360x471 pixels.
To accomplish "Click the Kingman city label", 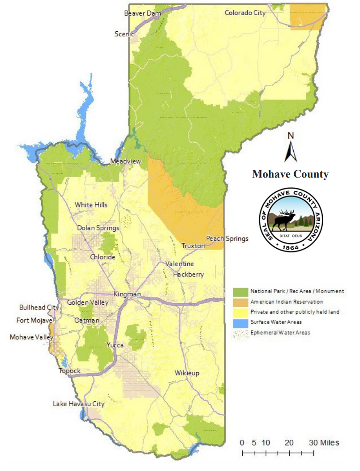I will [x=127, y=294].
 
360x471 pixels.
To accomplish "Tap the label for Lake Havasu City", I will [x=78, y=404].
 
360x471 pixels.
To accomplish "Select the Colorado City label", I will [x=245, y=13].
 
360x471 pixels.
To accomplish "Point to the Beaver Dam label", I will [x=142, y=13].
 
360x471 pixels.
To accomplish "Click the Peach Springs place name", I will [x=227, y=238].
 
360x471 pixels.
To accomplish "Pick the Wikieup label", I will [x=187, y=373].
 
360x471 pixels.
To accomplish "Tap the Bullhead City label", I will [x=39, y=308].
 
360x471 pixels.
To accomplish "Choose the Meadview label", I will [x=125, y=161].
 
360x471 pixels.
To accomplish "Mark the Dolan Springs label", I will [x=98, y=228].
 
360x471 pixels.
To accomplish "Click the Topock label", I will [x=69, y=371].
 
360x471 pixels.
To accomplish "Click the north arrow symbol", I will [x=291, y=149].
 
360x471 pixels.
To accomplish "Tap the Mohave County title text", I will [x=290, y=174].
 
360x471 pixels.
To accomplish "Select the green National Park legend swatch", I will [x=240, y=291].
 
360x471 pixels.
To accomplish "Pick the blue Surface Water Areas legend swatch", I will [x=240, y=322].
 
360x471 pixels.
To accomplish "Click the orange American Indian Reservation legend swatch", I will [x=240, y=302].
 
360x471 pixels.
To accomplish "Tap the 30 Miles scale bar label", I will [x=324, y=443].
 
